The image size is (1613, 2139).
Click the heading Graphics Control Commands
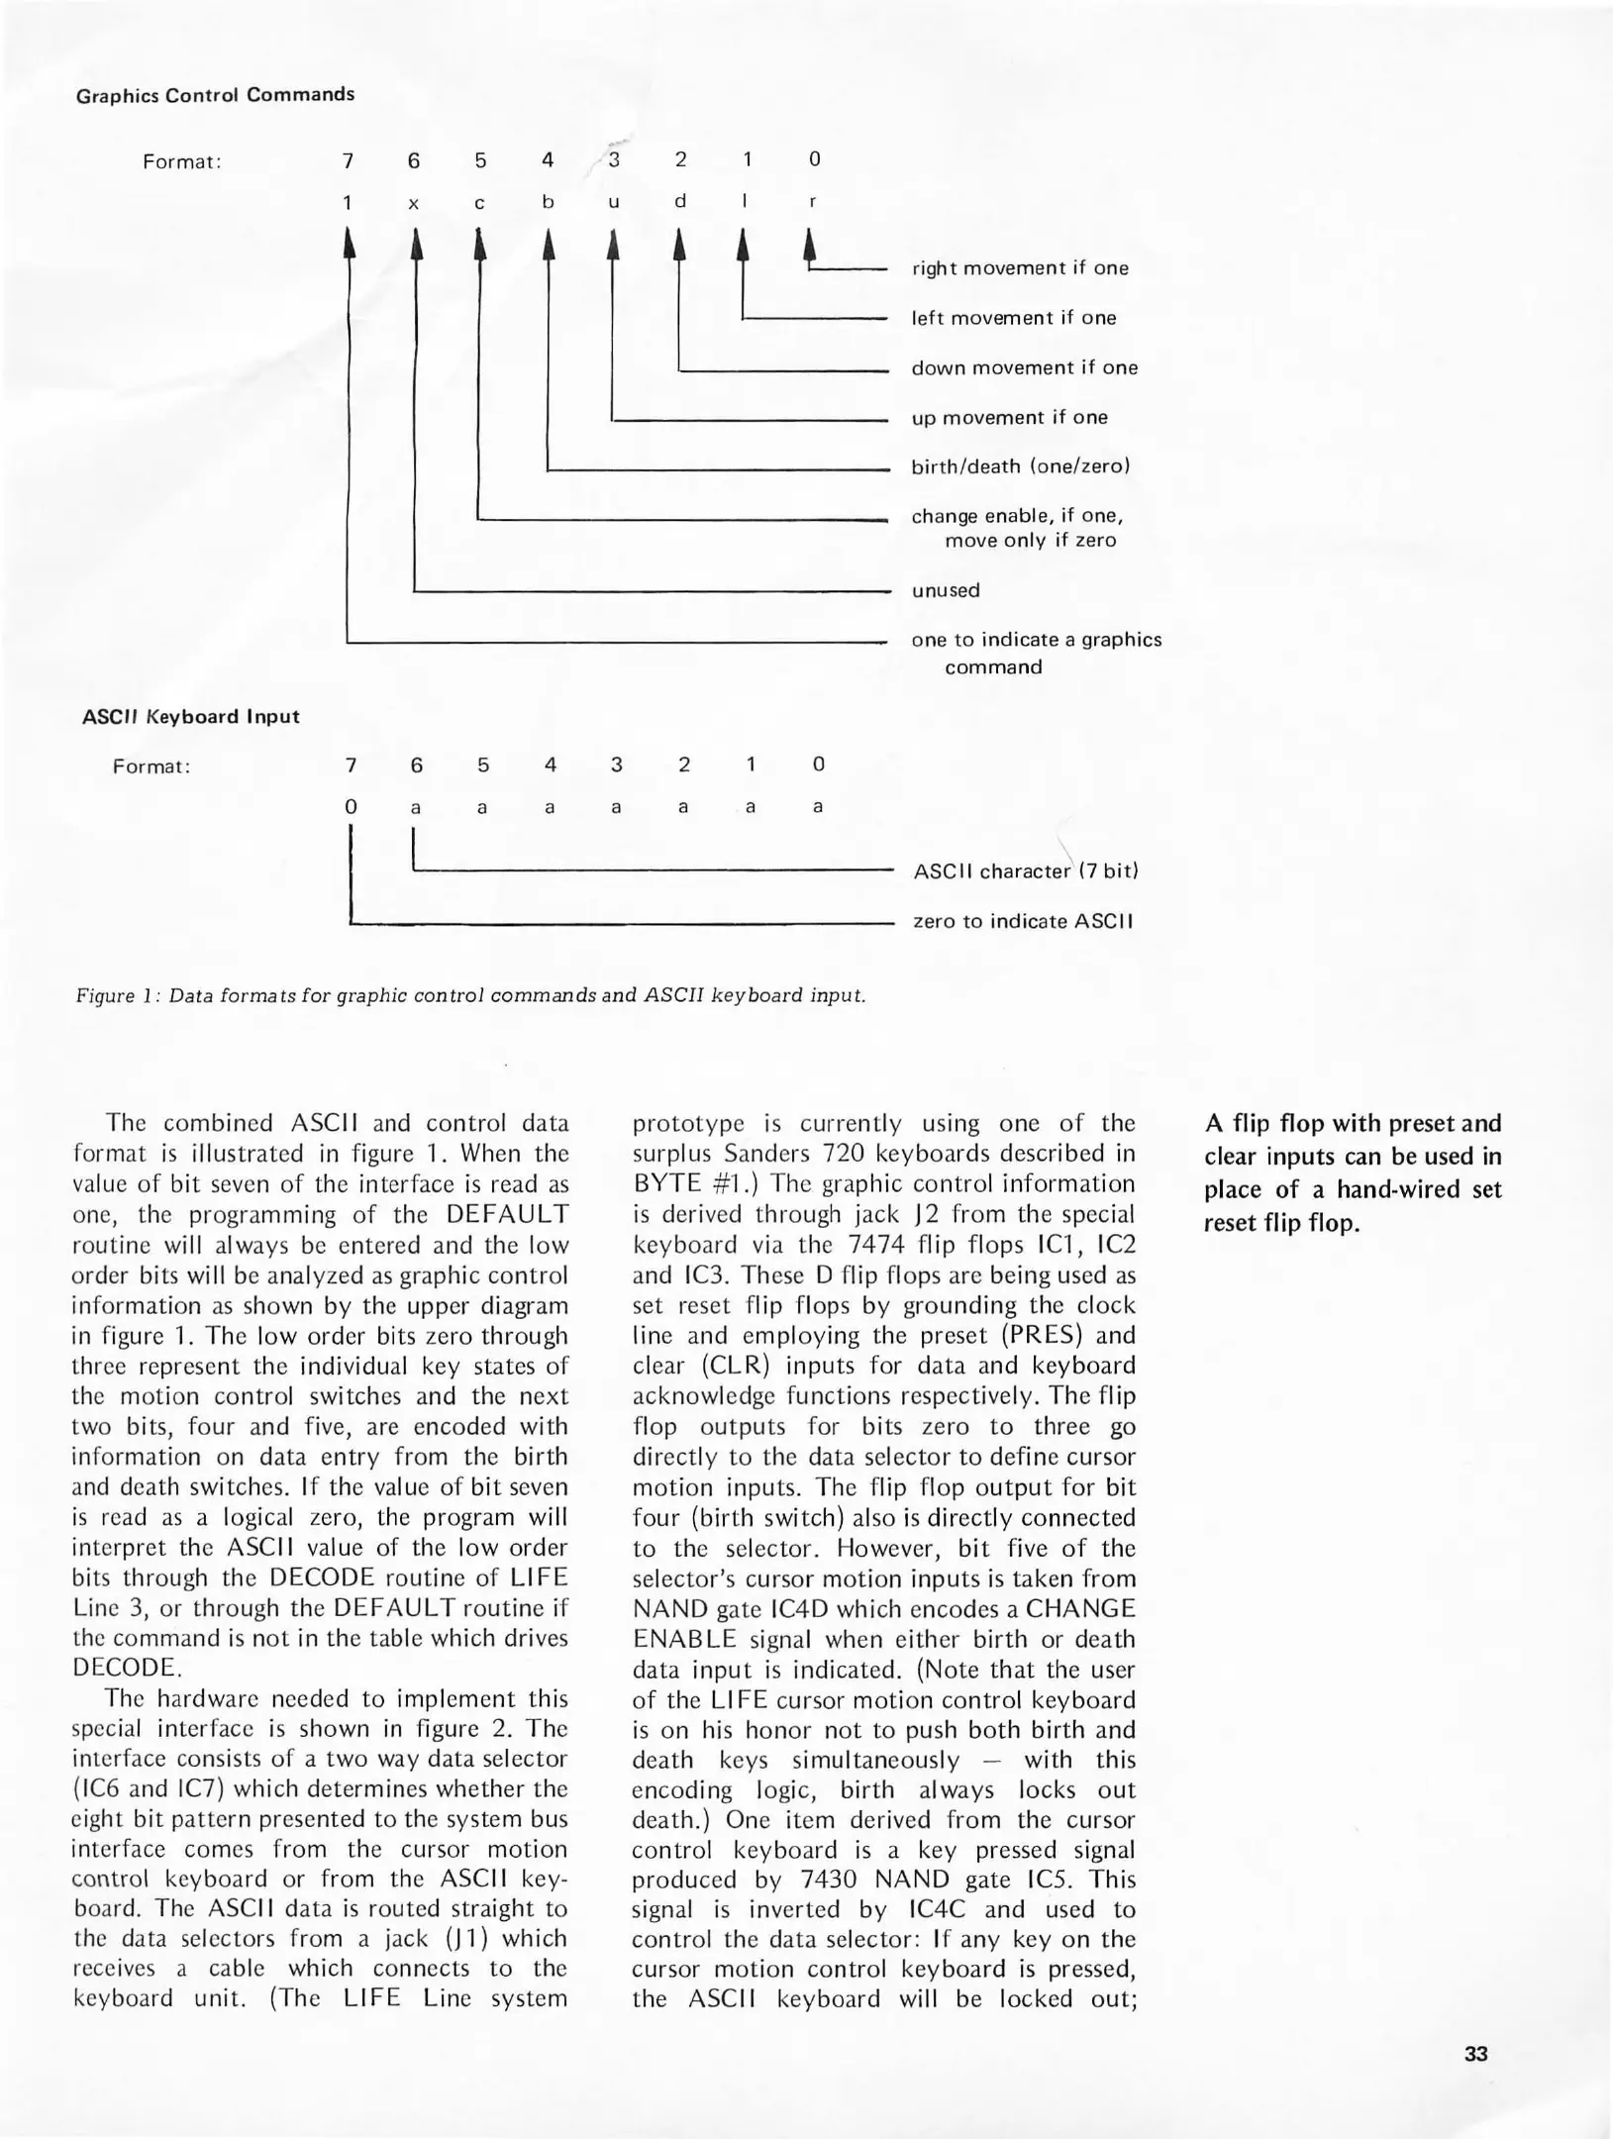[215, 95]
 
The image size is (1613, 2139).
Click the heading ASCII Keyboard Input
[190, 716]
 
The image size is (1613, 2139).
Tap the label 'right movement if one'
[1019, 268]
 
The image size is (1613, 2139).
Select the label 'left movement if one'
[1013, 318]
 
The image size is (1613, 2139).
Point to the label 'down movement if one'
[1024, 367]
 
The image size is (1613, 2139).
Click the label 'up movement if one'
[1009, 417]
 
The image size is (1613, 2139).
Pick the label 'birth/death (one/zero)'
[1020, 466]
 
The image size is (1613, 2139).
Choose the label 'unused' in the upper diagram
[945, 590]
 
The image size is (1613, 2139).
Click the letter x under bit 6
[414, 204]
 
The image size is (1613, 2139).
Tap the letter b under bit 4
[548, 202]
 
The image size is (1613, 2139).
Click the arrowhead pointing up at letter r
[810, 243]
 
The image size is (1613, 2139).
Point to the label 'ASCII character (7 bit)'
[1025, 871]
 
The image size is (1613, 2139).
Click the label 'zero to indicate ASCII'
[1022, 921]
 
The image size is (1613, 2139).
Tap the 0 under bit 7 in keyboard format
[351, 807]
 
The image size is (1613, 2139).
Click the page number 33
[1475, 2054]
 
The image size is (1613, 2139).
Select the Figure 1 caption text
[470, 995]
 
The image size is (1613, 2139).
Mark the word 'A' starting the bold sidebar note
[1213, 1124]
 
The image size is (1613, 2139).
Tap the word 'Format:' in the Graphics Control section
[181, 161]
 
